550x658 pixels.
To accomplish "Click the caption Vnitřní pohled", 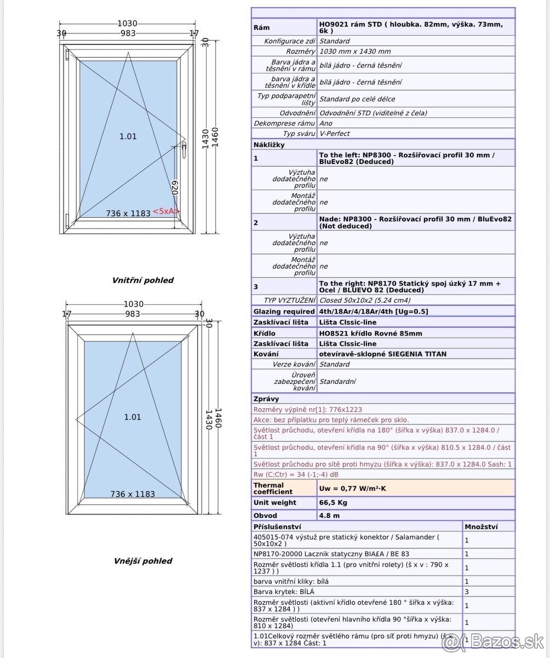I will (x=142, y=280).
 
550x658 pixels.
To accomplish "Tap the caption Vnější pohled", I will (x=142, y=561).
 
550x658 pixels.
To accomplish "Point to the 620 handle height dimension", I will (x=175, y=188).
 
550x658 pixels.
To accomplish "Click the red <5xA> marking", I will (x=166, y=212).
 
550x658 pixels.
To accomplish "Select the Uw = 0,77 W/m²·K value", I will (x=352, y=488).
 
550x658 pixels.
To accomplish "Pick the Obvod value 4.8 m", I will (x=329, y=515).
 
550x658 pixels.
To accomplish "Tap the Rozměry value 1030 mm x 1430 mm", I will (x=355, y=52).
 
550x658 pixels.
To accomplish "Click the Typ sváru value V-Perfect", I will (x=334, y=134).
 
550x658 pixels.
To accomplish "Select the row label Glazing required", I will (x=284, y=311).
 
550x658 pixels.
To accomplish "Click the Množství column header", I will (x=481, y=526).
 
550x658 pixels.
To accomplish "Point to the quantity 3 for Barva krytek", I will (x=467, y=592).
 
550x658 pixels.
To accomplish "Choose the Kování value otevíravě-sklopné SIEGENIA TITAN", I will (x=382, y=354).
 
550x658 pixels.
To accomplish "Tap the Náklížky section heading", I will (x=269, y=145).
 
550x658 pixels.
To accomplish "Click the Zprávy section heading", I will (x=266, y=399).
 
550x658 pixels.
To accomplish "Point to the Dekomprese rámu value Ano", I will (x=325, y=123).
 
